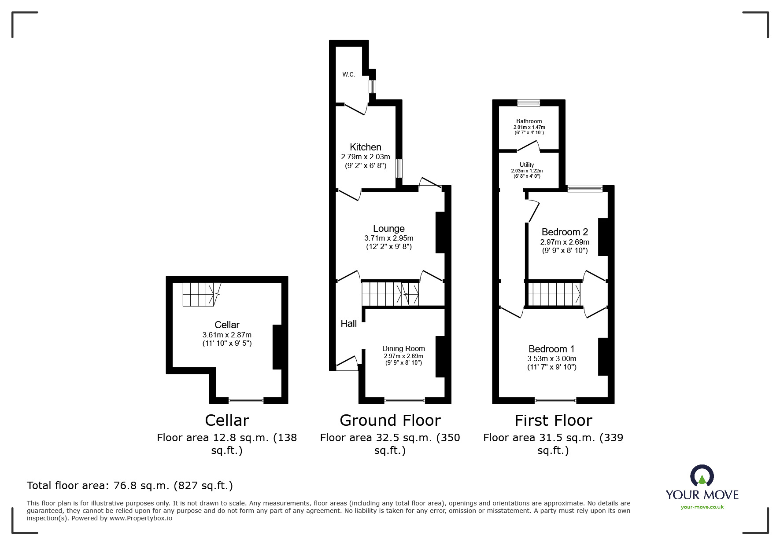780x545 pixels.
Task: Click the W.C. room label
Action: [x=348, y=75]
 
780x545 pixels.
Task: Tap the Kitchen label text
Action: [x=365, y=147]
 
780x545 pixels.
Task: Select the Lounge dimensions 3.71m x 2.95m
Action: [x=388, y=238]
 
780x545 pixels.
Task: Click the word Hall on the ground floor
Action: [x=348, y=324]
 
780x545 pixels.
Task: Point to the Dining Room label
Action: [x=403, y=348]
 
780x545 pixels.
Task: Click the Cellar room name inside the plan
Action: [x=227, y=325]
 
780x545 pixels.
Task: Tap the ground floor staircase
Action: [x=390, y=294]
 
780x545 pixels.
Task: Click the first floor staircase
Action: [x=554, y=294]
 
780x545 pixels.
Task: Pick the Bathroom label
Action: [x=529, y=121]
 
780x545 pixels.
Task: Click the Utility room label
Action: [x=527, y=165]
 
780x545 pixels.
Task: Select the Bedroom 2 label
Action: [x=565, y=232]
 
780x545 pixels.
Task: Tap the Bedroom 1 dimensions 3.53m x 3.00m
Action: [x=551, y=358]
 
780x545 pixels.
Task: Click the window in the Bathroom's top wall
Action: [x=529, y=103]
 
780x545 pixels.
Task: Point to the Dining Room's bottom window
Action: [x=404, y=400]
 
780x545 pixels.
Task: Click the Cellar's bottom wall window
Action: [x=246, y=400]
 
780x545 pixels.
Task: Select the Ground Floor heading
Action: [x=390, y=421]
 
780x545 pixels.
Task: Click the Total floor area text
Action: [x=130, y=486]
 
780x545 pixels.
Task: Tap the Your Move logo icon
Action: [x=702, y=476]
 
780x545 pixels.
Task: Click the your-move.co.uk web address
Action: [x=702, y=507]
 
